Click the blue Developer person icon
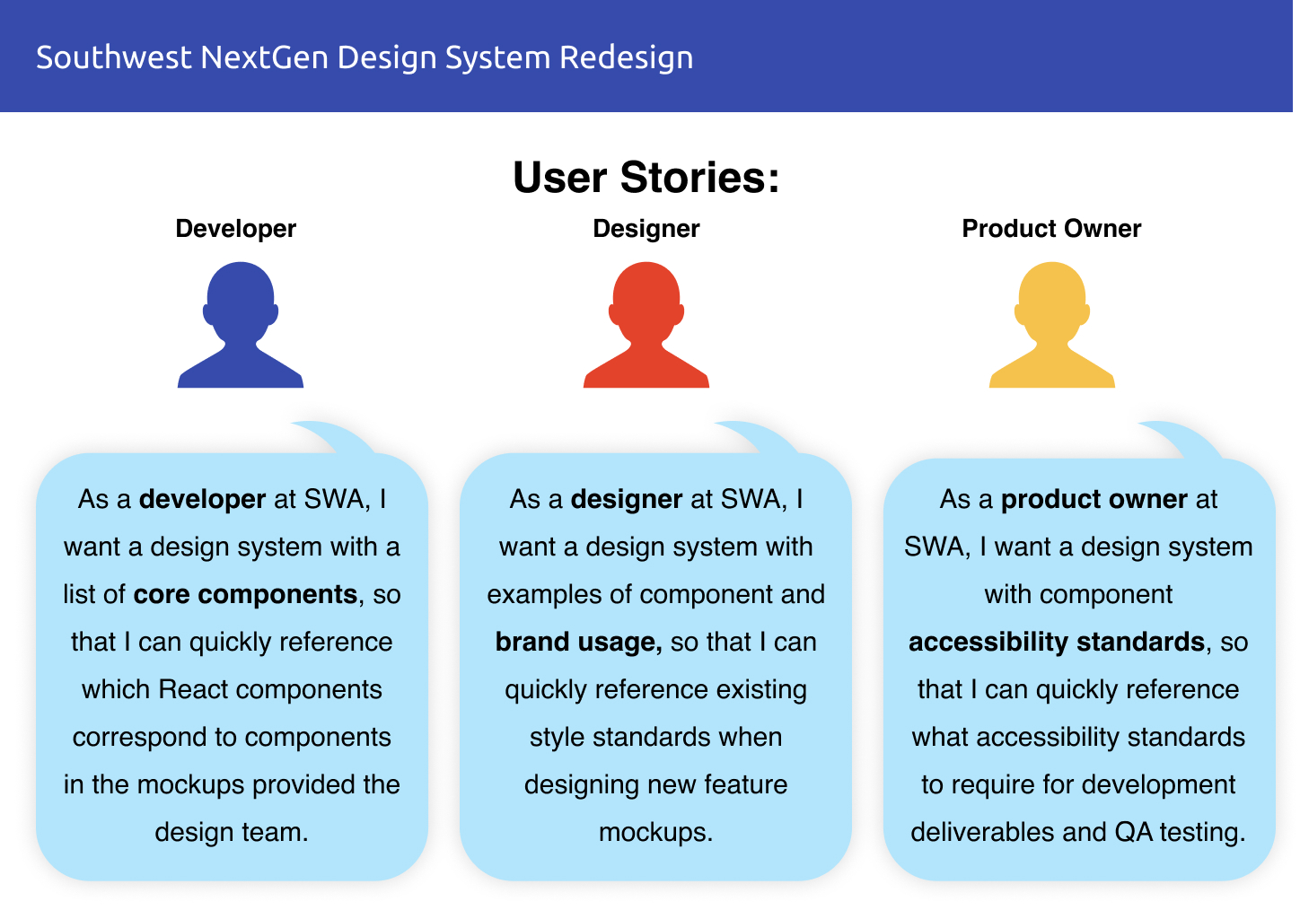241,325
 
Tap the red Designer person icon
646,325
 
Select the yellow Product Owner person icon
1051,325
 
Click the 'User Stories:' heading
646,177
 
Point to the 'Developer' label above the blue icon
235,229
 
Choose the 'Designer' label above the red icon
646,229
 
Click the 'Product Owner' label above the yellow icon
1051,229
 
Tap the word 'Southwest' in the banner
114,57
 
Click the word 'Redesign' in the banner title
626,58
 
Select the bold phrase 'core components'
245,595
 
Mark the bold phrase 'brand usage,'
578,643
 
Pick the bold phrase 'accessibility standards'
1056,643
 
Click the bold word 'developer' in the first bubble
203,500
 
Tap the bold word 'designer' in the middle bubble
627,500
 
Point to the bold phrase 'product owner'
1094,500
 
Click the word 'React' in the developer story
194,689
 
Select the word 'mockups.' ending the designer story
655,833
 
